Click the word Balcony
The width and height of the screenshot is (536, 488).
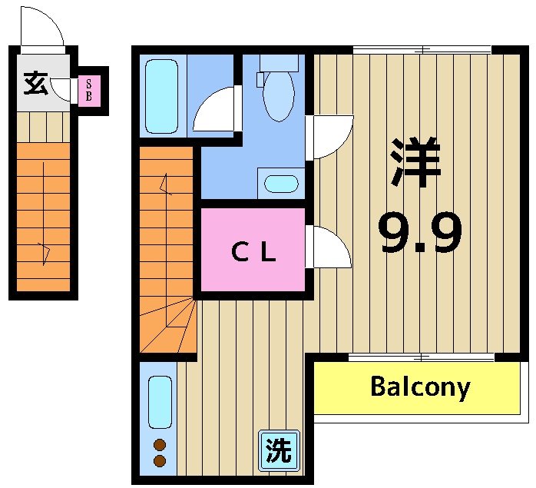pos(419,387)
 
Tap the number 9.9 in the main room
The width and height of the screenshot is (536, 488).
pos(421,234)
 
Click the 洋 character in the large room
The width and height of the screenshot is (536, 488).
pos(415,162)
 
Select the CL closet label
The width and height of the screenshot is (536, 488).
pos(253,251)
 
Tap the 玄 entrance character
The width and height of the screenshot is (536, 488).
pos(35,81)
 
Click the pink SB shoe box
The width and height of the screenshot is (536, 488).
pos(88,91)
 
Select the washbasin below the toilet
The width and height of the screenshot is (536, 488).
pos(280,184)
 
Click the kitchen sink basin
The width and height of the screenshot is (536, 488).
pos(160,402)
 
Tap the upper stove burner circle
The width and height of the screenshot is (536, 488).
pos(160,445)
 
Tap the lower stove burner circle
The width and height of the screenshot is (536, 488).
pos(160,461)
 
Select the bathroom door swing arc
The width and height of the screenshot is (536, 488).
pos(215,109)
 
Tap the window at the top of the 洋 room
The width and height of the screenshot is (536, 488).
pos(422,51)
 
